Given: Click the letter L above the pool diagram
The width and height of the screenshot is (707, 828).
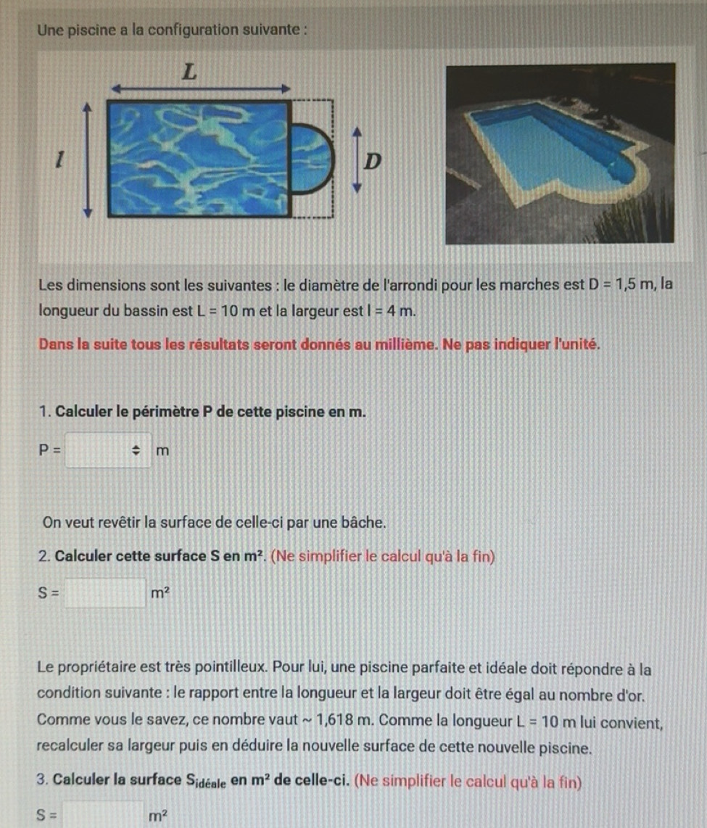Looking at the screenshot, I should (189, 73).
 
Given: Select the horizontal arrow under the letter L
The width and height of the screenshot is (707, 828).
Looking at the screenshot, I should (199, 88).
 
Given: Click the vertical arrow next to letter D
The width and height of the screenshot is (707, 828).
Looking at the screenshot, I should (355, 160).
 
